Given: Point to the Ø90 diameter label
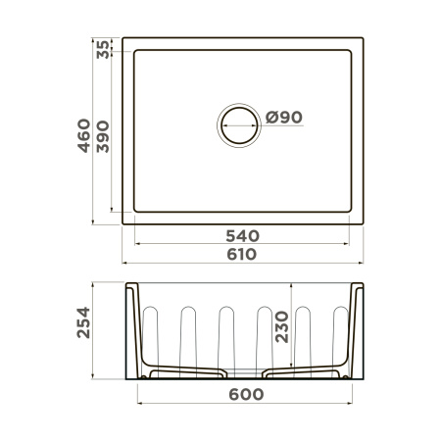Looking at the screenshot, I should pos(283,118).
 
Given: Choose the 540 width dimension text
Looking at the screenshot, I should pos(242,234).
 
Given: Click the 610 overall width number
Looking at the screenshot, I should pos(242,254).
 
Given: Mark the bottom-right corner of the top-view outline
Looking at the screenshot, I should pos(362,223).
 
